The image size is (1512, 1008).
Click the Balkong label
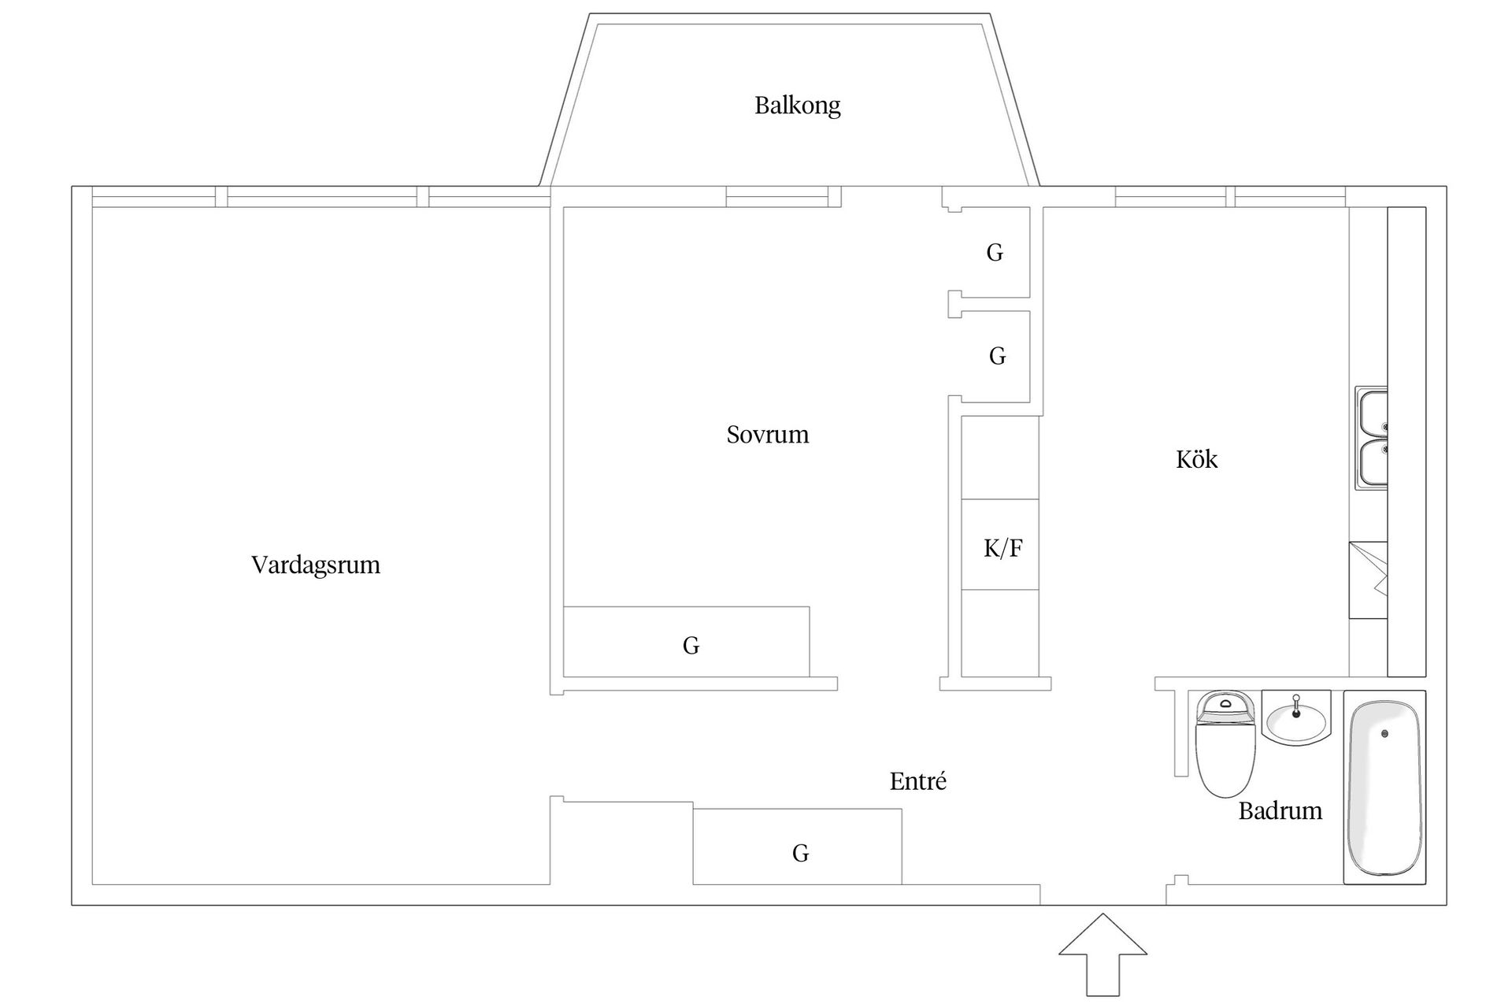coord(797,106)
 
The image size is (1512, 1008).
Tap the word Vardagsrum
coord(315,565)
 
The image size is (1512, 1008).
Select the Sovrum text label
coord(767,435)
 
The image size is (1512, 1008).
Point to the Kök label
coord(1196,460)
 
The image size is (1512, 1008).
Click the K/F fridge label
coord(1002,548)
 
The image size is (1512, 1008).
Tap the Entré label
coord(917,781)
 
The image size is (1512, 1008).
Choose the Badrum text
coord(1280,811)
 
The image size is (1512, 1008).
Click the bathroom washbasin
coord(1296,718)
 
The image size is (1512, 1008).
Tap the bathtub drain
coord(1384,734)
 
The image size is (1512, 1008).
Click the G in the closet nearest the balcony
coord(995,253)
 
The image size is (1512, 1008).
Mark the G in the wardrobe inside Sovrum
coord(691,646)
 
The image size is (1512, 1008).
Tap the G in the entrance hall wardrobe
coord(800,853)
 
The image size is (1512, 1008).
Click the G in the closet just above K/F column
coord(997,357)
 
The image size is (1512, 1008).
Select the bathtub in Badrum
coord(1384,787)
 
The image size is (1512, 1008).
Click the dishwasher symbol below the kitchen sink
coord(1368,580)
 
